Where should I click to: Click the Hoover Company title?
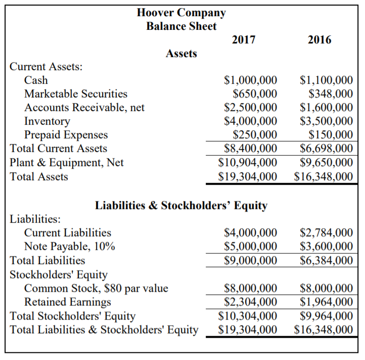(x=181, y=13)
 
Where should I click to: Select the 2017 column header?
(x=244, y=39)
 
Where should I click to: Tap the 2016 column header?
(x=319, y=39)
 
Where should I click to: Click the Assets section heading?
(x=181, y=54)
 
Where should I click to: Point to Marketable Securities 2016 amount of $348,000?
(x=331, y=93)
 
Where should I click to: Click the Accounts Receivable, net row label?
(x=84, y=107)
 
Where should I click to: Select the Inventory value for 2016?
(x=326, y=121)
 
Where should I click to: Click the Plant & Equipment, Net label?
(x=67, y=163)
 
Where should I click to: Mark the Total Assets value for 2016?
(x=324, y=176)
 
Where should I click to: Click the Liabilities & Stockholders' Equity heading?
(x=181, y=205)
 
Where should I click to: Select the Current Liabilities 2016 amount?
(x=326, y=233)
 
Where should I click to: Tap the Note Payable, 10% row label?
(x=70, y=246)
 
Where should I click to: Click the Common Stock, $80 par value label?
(x=96, y=288)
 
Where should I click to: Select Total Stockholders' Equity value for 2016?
(x=326, y=316)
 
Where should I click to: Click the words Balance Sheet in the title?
(x=181, y=26)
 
